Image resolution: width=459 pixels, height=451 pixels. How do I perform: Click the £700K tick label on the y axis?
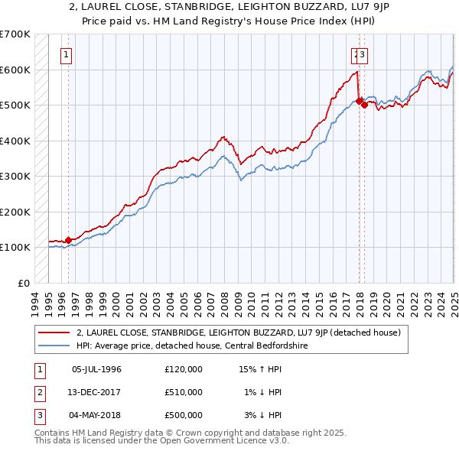pos(15,34)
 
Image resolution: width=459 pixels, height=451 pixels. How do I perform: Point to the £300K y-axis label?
pos(15,176)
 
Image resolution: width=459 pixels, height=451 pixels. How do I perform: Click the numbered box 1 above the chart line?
pos(67,54)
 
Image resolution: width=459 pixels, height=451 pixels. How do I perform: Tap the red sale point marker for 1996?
pos(68,240)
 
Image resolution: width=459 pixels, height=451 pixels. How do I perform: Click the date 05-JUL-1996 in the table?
pos(96,369)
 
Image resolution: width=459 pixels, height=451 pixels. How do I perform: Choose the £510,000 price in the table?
pos(184,392)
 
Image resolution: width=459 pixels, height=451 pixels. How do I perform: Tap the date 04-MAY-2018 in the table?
pos(97,415)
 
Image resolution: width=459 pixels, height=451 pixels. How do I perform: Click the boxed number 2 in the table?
pos(38,392)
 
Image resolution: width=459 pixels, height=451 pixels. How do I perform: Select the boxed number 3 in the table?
pos(38,415)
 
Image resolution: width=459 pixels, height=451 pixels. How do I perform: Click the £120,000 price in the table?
pos(184,369)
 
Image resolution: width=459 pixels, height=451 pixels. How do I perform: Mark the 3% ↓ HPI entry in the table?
pos(263,415)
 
